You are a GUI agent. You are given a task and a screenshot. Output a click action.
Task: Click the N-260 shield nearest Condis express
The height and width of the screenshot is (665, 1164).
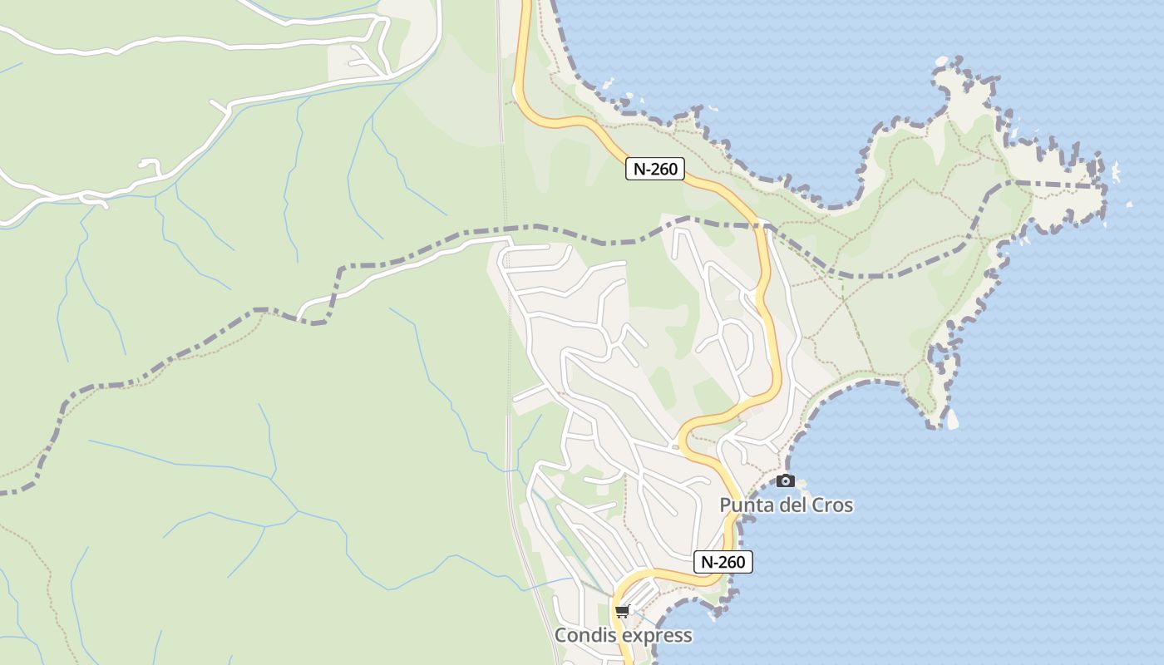point(723,562)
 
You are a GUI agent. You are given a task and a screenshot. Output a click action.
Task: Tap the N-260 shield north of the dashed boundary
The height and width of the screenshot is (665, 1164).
point(654,169)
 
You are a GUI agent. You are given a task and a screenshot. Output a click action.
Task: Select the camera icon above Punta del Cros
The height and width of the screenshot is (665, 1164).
point(785,480)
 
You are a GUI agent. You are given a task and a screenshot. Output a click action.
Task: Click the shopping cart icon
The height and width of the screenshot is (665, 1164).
point(622,612)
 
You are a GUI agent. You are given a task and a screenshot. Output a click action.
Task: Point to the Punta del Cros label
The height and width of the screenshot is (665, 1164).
point(786,505)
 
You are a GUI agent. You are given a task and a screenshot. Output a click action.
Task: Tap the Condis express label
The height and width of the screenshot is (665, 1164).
point(623,635)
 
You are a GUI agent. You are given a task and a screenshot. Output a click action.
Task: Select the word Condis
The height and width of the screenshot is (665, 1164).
point(582,635)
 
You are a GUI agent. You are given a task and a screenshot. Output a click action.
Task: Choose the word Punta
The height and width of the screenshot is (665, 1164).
point(743,505)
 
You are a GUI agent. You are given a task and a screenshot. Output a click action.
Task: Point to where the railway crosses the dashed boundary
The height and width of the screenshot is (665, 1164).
point(504,228)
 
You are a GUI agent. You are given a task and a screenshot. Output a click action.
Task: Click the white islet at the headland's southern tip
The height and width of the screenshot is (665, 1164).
point(952,421)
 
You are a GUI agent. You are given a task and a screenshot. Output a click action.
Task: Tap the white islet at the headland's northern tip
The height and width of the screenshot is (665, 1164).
point(941,61)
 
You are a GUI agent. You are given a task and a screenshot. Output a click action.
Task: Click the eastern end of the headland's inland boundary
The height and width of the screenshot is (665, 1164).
point(1102,185)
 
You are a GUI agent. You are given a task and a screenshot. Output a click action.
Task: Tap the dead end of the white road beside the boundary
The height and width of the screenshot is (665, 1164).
point(299,317)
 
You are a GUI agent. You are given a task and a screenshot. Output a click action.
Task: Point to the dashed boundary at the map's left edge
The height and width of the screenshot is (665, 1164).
point(3,493)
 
